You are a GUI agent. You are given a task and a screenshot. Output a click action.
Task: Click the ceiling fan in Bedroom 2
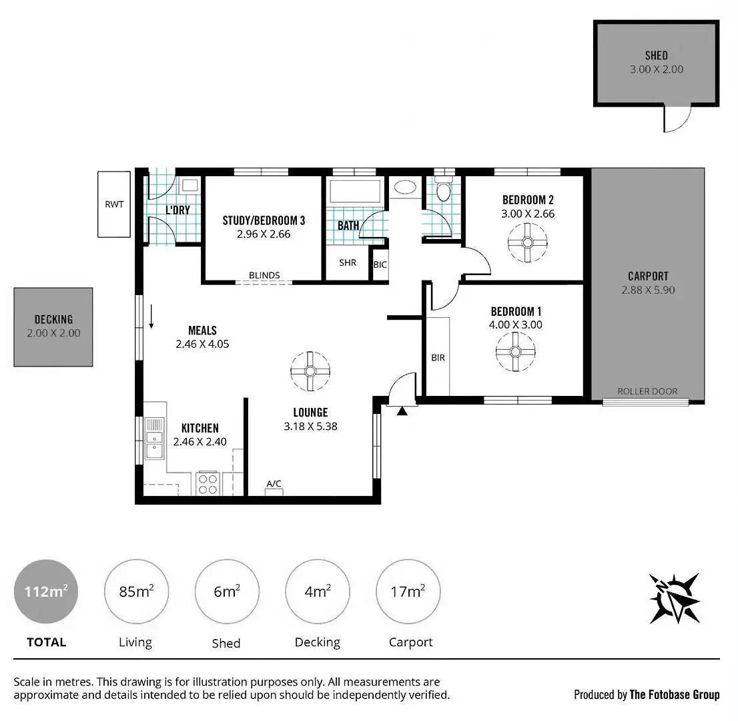[x=527, y=242]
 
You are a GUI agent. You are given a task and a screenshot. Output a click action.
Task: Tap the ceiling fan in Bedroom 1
[x=516, y=352]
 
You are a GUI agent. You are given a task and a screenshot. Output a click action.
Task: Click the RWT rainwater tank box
[x=113, y=204]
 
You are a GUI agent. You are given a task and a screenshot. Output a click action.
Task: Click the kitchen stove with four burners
[x=208, y=483]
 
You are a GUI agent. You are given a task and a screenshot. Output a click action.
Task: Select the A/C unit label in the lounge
[x=274, y=484]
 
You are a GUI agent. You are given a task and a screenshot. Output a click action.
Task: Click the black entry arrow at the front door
[x=402, y=412]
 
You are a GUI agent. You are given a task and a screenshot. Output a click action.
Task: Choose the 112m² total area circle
[x=46, y=591]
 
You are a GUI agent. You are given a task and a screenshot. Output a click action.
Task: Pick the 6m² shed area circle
[x=227, y=591]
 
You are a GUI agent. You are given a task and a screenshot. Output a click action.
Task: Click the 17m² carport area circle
[x=408, y=591]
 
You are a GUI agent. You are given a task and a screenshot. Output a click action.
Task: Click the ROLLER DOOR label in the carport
[x=647, y=392]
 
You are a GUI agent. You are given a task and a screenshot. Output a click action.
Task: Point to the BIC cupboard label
[x=380, y=265]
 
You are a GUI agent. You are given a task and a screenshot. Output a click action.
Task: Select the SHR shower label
[x=348, y=263]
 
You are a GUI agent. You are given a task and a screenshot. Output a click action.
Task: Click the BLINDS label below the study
[x=264, y=275]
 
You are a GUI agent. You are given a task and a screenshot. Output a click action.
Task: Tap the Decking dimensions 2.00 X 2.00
[x=53, y=332]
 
